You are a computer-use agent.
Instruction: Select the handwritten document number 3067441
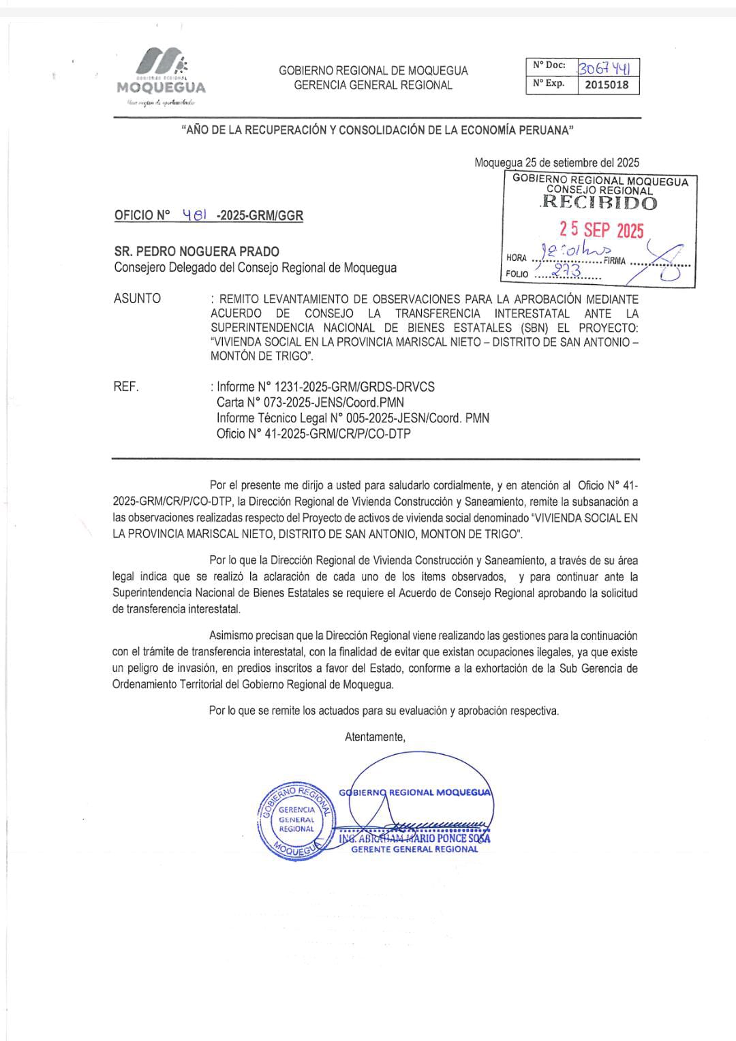point(608,67)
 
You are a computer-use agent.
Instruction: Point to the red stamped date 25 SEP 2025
point(601,230)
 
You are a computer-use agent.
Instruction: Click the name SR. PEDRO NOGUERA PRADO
point(197,251)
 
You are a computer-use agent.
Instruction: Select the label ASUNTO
point(138,298)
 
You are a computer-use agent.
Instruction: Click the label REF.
point(126,387)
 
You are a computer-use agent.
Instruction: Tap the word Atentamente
point(375,736)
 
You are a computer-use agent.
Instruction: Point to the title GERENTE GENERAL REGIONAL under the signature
point(414,850)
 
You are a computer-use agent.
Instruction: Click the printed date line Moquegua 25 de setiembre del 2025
point(557,163)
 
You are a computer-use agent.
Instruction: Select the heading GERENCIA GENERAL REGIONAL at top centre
point(373,85)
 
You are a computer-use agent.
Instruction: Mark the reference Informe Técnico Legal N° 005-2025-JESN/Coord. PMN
point(352,418)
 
